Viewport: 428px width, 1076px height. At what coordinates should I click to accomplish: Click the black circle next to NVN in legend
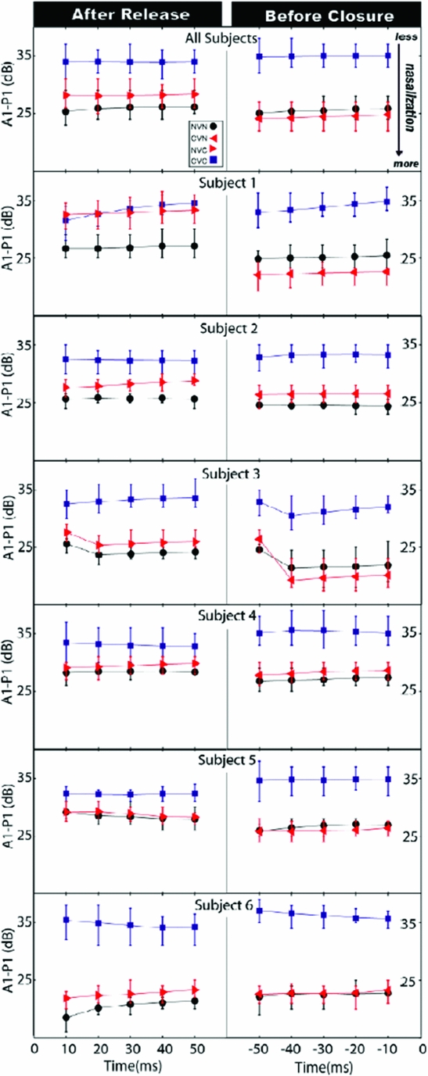point(214,126)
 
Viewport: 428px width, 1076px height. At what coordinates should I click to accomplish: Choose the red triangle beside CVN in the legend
point(214,138)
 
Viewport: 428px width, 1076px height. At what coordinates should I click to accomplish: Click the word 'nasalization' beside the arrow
point(408,98)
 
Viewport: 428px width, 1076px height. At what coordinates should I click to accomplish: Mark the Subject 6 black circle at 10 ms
point(67,1017)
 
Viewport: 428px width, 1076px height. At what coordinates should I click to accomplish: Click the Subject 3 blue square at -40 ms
point(291,516)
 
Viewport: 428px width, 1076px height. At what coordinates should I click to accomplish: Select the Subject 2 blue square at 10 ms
point(67,359)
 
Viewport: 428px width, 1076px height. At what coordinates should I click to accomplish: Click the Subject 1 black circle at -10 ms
point(388,255)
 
